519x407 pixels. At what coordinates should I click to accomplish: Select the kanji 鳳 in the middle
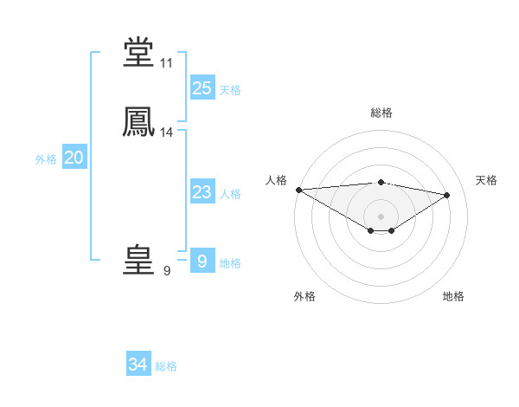(139, 123)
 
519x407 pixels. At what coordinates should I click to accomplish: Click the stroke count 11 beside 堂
(167, 63)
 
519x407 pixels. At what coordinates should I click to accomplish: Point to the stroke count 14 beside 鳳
(167, 132)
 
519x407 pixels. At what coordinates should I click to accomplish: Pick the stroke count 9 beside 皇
(167, 271)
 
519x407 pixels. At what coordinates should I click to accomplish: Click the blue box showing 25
(202, 87)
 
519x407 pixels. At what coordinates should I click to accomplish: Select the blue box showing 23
(202, 192)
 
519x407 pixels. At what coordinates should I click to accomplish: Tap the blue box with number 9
(202, 262)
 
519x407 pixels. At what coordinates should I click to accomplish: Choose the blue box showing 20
(74, 158)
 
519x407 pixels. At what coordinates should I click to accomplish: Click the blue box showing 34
(138, 365)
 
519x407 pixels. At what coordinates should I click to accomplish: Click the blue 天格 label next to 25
(230, 90)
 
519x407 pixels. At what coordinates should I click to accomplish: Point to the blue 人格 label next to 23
(230, 194)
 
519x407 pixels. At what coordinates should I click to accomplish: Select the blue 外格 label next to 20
(46, 159)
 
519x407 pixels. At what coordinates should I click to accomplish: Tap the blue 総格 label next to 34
(166, 366)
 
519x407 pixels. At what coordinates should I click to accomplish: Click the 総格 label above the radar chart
(381, 113)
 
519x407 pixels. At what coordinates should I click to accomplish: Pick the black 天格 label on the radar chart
(487, 180)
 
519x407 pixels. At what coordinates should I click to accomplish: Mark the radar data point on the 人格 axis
(298, 190)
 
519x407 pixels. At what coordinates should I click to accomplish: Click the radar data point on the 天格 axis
(447, 195)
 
